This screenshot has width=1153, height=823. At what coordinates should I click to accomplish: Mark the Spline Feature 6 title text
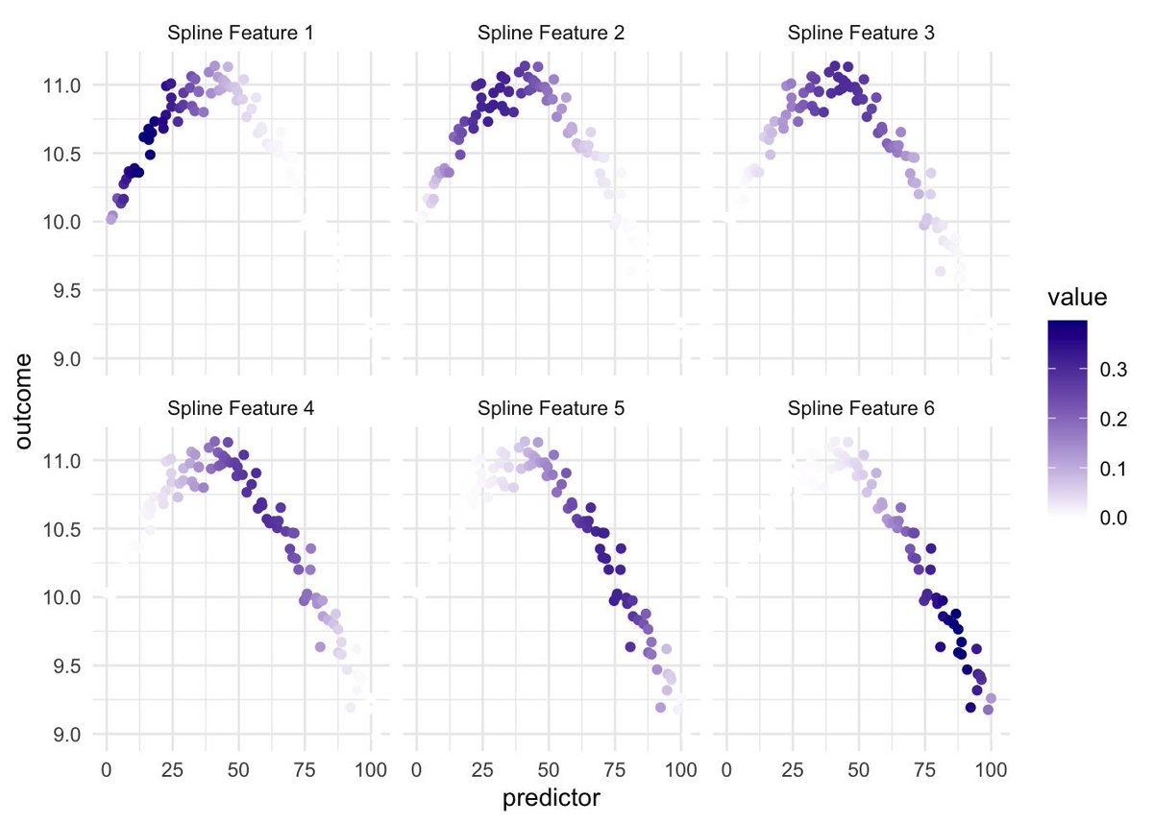point(861,408)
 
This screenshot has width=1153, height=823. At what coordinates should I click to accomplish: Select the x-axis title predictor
point(551,797)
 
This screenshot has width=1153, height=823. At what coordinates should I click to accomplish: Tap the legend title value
point(1076,299)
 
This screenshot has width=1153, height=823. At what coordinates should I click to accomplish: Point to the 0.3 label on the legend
point(1116,370)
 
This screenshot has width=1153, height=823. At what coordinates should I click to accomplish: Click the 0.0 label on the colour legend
point(1116,519)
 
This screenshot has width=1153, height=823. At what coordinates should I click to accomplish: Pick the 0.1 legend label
point(1116,469)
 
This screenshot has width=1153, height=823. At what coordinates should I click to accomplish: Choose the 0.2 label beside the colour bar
point(1116,420)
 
